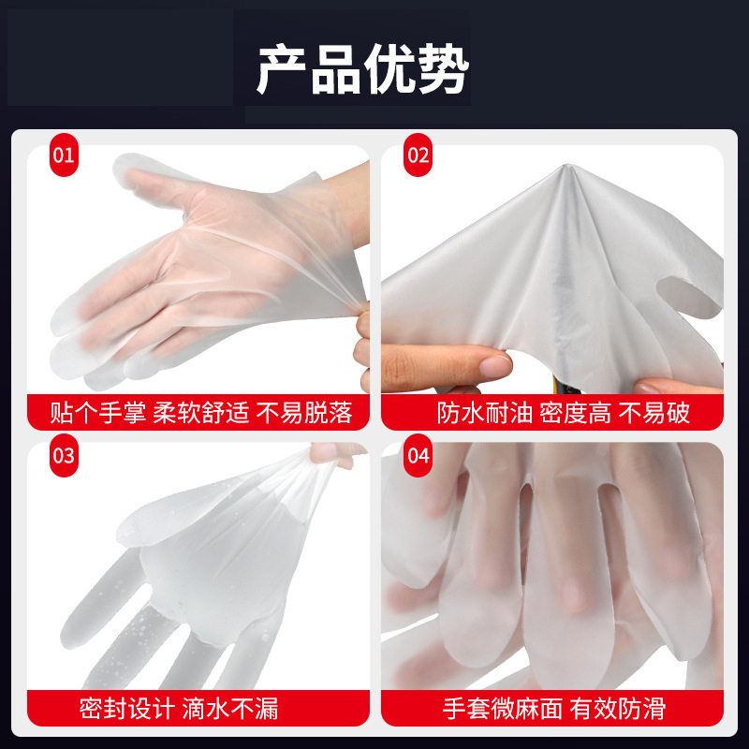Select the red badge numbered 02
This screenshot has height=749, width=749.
(418, 155)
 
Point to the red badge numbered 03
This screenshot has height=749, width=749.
(63, 457)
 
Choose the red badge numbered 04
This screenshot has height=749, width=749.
(418, 457)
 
